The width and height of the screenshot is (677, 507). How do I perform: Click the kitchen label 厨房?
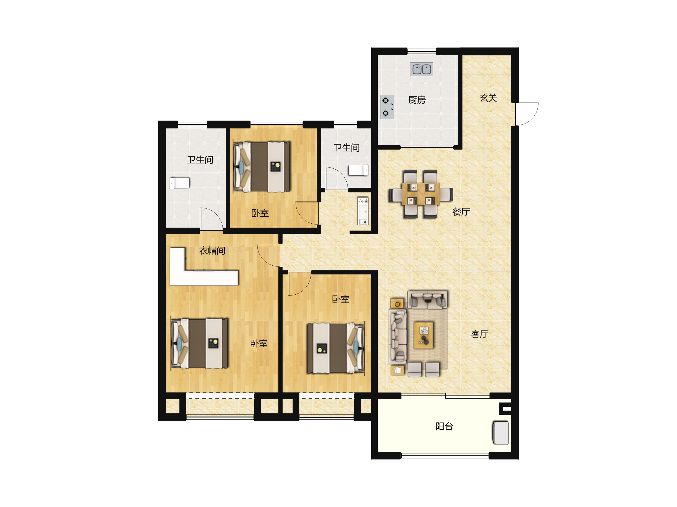417,100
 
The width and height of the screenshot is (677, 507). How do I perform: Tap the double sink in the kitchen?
422,69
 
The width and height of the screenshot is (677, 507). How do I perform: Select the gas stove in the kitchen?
387,107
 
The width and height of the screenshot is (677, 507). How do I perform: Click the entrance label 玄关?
488,98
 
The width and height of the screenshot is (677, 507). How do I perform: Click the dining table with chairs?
421,194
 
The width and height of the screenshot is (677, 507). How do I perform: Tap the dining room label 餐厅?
461,212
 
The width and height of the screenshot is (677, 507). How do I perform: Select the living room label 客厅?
480,334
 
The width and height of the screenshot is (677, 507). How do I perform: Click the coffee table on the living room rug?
424,335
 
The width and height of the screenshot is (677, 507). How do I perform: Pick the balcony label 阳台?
444,426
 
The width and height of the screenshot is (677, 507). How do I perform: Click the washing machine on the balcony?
500,433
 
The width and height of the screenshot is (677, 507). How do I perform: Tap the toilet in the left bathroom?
179,183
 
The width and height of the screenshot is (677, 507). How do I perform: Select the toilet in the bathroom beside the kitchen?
359,170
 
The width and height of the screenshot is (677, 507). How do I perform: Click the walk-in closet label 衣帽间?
212,251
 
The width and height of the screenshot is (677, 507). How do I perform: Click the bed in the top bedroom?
262,166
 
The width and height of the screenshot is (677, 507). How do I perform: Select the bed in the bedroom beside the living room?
336,348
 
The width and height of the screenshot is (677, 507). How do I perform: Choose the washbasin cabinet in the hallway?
363,211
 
